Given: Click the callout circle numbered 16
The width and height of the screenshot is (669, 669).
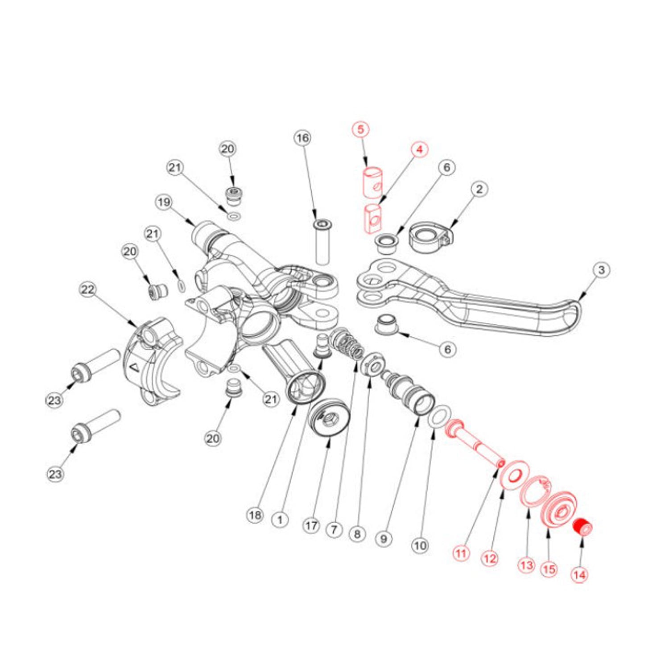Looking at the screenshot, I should pyautogui.click(x=302, y=138).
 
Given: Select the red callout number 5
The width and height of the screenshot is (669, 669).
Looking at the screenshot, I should pyautogui.click(x=360, y=129).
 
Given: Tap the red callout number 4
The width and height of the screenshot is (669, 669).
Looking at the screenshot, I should pyautogui.click(x=419, y=150).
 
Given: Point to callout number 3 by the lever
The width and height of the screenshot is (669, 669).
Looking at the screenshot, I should pyautogui.click(x=601, y=270).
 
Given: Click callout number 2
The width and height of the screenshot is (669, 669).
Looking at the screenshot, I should pyautogui.click(x=479, y=189).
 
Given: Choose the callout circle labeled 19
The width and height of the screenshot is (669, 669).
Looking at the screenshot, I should pyautogui.click(x=164, y=202).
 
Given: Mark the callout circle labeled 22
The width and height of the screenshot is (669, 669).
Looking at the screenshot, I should pyautogui.click(x=87, y=290).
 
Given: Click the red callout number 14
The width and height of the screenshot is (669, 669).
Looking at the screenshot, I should pyautogui.click(x=579, y=574).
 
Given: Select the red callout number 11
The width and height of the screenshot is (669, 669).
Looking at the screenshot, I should pyautogui.click(x=461, y=553).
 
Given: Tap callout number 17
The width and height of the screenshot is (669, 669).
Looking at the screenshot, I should pyautogui.click(x=311, y=526).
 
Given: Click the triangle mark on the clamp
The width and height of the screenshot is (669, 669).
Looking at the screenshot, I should pyautogui.click(x=133, y=368).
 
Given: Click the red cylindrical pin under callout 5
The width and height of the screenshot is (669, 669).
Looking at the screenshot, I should pyautogui.click(x=373, y=182).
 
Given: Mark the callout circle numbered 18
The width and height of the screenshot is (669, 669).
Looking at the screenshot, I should pyautogui.click(x=255, y=516).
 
